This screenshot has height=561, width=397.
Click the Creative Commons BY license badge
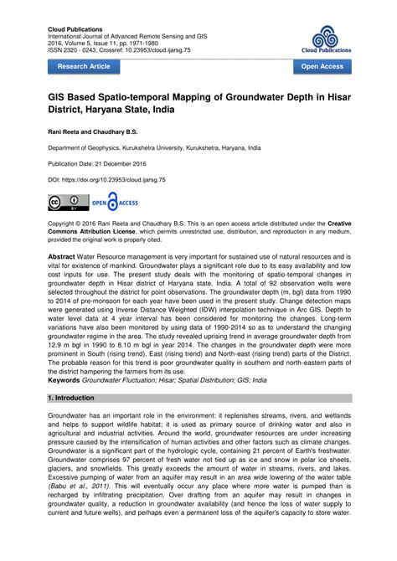[68, 202]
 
